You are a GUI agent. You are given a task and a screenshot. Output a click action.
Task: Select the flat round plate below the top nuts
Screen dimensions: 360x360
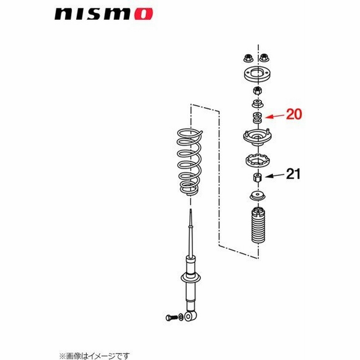256,74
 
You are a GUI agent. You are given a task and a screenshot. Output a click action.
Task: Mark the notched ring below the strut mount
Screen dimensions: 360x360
257,160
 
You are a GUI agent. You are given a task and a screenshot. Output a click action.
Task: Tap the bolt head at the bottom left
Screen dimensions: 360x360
168,318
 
